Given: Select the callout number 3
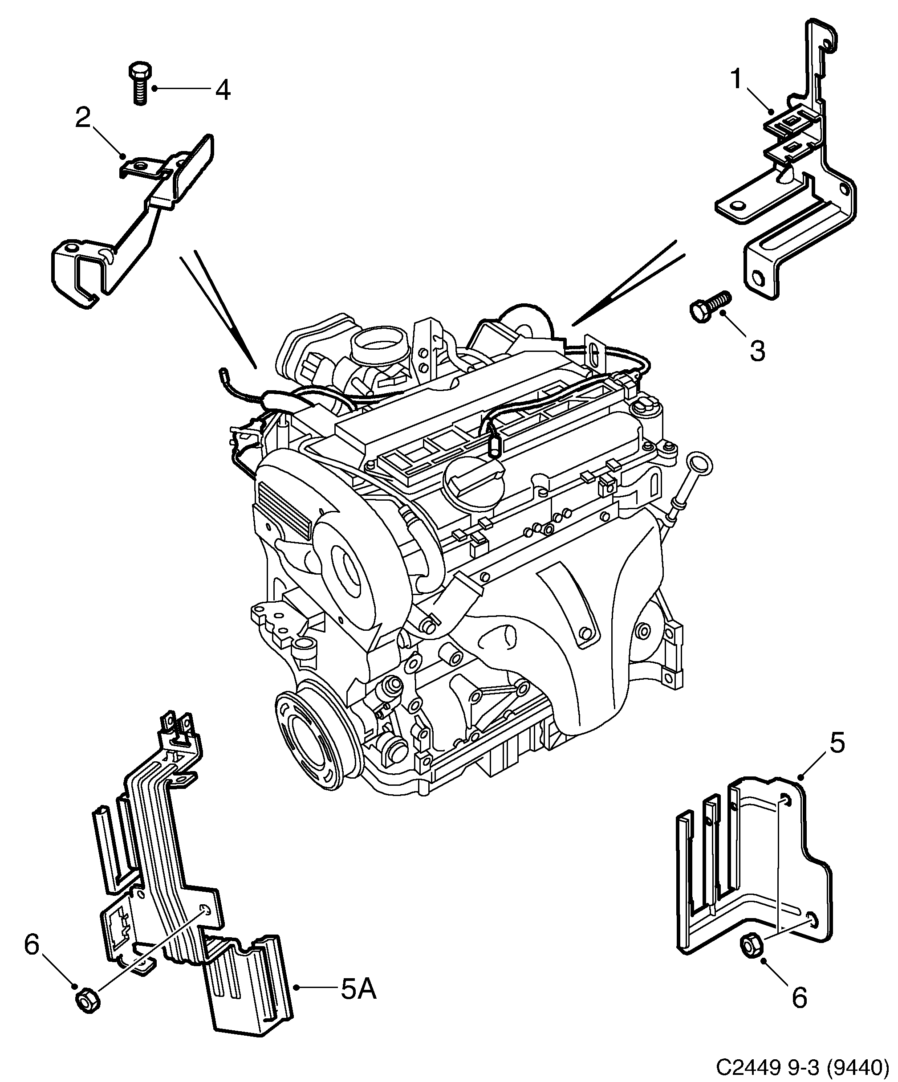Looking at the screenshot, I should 757,351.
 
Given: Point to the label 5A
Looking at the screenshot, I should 358,989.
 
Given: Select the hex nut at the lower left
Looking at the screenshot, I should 87,1000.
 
